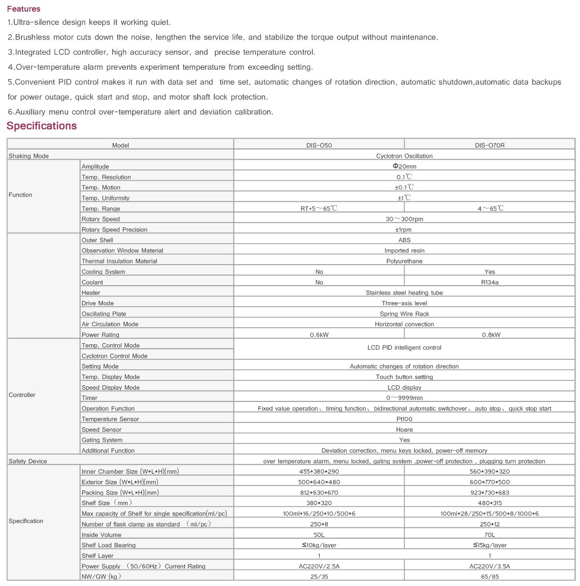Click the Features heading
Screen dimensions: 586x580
coord(23,9)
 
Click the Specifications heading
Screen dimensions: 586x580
coord(41,126)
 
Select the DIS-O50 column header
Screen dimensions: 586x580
coord(319,145)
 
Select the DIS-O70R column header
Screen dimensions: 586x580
coord(490,145)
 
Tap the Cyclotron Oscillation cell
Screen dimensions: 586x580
coord(404,156)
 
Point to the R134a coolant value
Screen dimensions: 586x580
coord(490,282)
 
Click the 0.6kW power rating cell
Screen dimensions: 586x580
coord(319,335)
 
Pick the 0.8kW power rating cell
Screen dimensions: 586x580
coord(490,335)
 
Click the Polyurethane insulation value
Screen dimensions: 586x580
coord(404,261)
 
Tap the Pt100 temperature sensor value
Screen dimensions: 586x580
coord(404,419)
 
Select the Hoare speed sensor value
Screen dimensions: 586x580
coord(404,430)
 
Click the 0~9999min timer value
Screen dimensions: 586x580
coord(404,398)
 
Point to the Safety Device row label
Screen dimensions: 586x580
coord(28,461)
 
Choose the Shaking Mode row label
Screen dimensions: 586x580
coord(29,156)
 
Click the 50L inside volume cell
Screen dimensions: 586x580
coord(319,535)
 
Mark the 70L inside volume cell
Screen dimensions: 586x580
coord(490,535)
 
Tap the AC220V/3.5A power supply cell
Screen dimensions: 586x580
coord(490,566)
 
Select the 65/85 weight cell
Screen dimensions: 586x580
coord(490,577)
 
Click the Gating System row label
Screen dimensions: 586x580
coord(102,440)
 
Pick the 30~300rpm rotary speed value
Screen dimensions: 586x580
coord(404,219)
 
